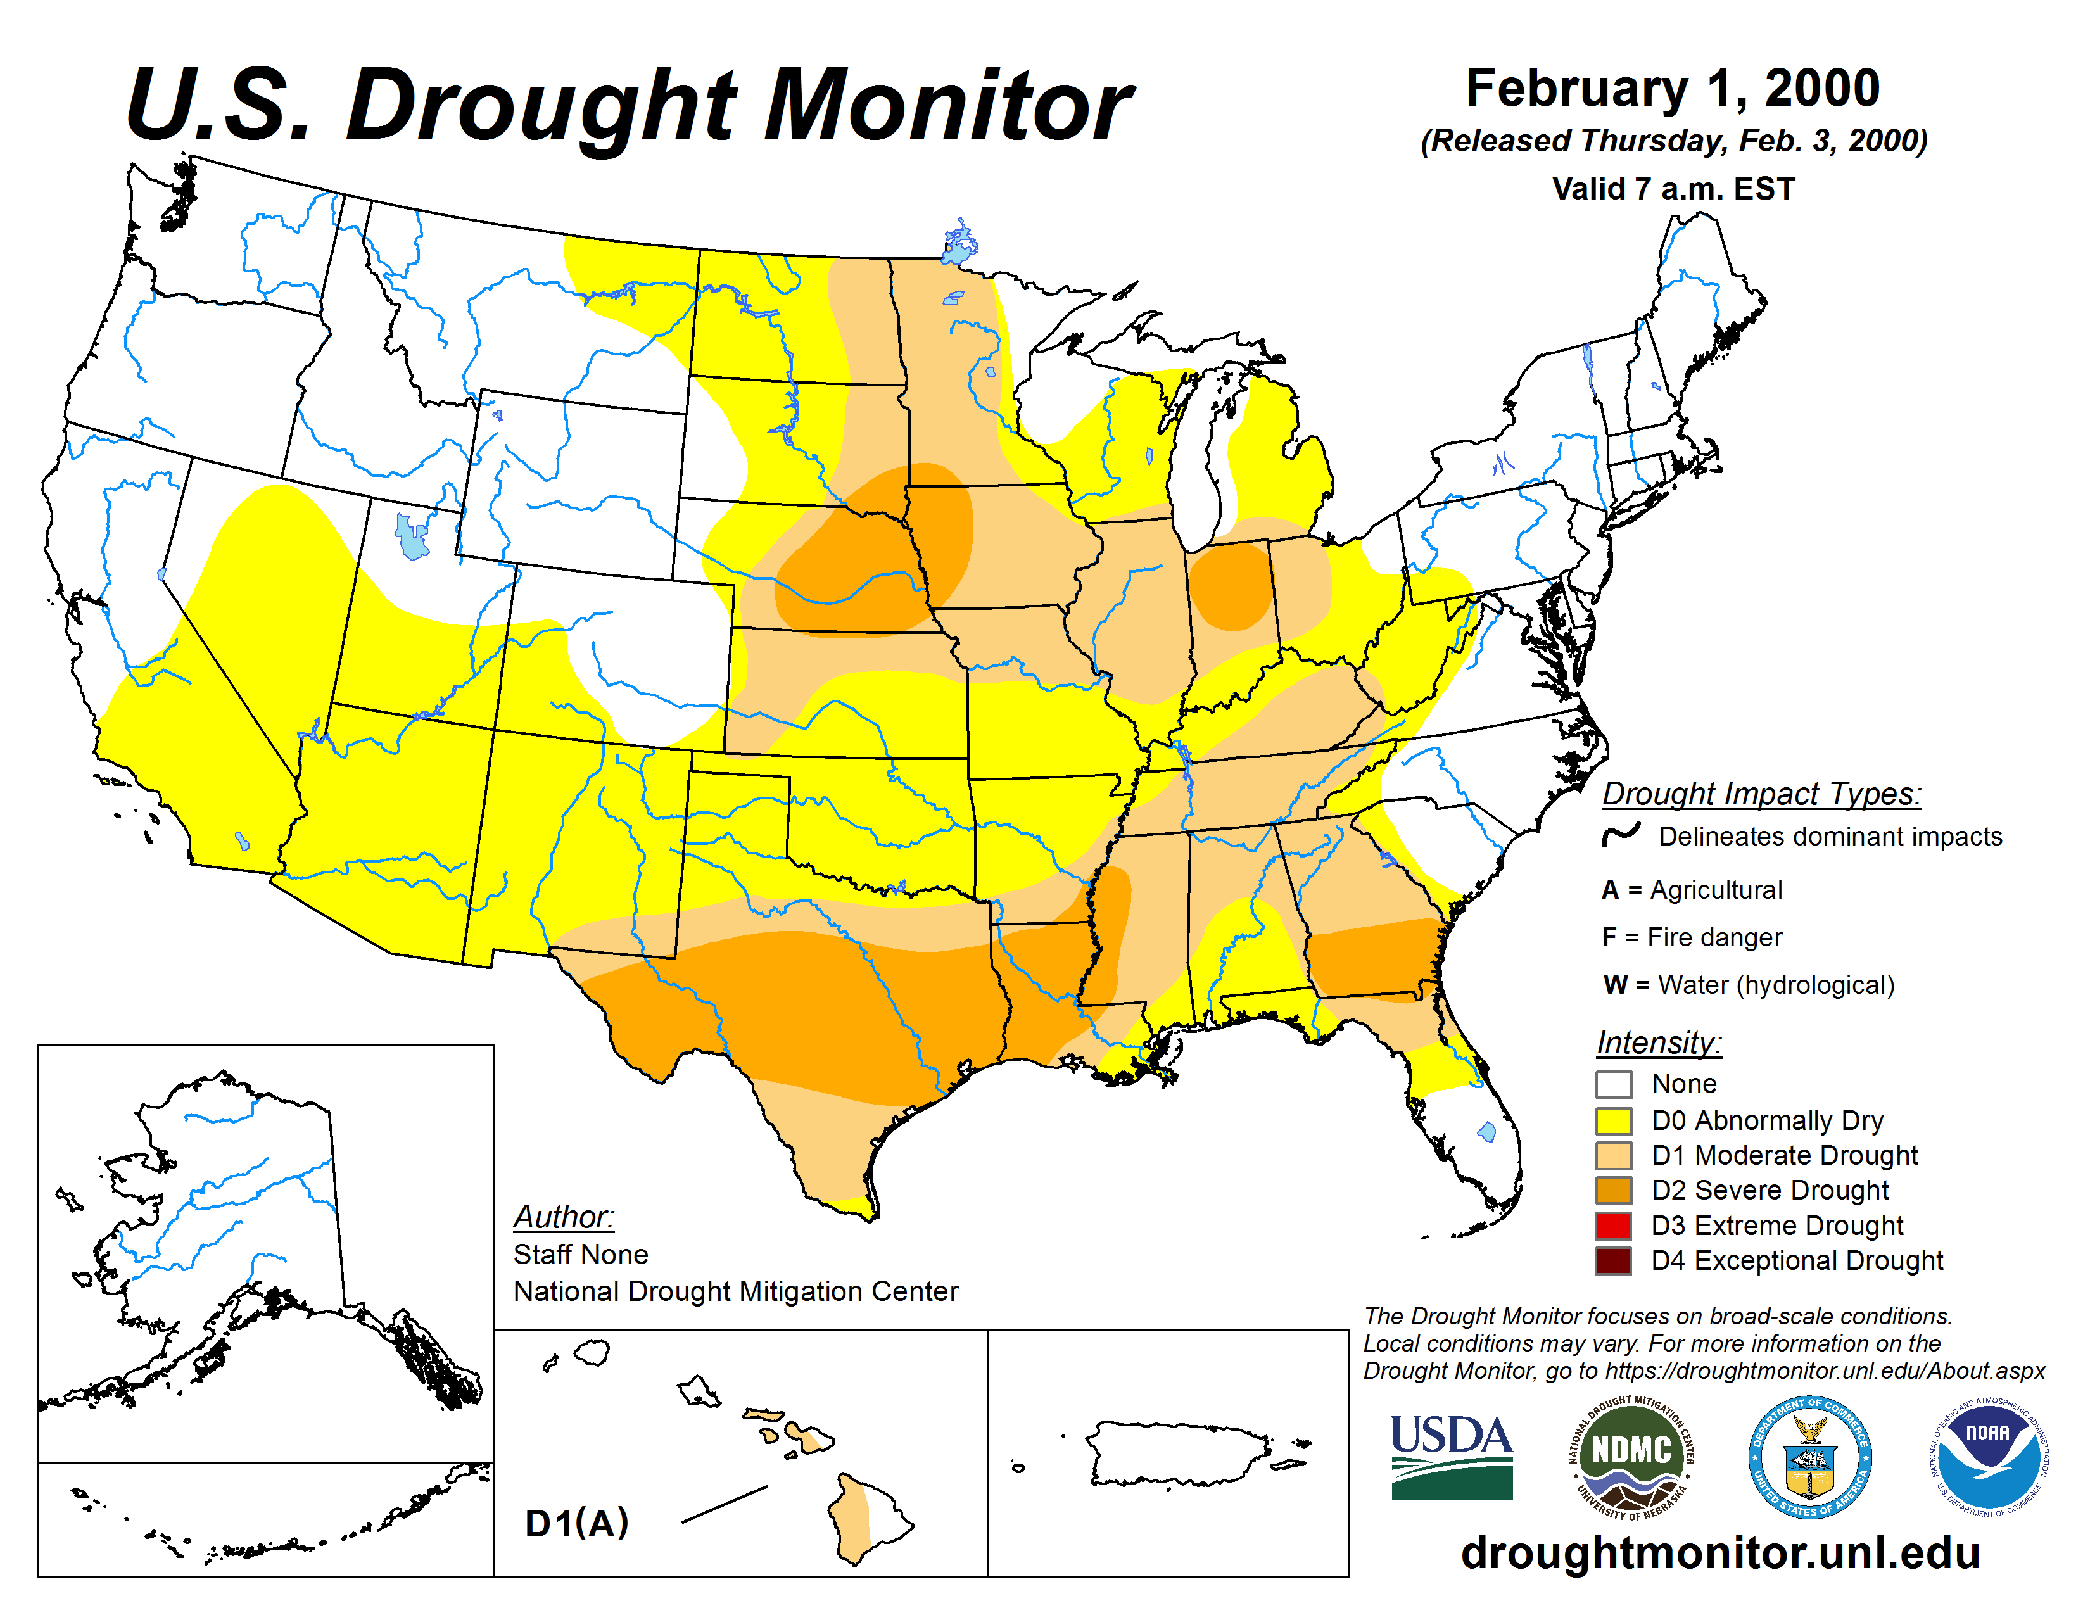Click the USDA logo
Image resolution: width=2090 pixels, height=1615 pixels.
[1451, 1456]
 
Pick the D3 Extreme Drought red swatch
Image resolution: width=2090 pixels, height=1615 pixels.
[1614, 1225]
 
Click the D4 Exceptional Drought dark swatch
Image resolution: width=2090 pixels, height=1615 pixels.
[1614, 1261]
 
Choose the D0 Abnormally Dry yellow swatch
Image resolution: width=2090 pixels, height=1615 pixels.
[1614, 1120]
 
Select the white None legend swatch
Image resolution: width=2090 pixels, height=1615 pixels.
[1614, 1084]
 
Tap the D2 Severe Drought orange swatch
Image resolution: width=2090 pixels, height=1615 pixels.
[1614, 1190]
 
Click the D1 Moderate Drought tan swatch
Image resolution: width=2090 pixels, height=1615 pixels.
[1614, 1156]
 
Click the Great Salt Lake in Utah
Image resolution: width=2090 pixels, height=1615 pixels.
[412, 536]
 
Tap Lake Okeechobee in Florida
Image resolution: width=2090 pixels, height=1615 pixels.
[1486, 1132]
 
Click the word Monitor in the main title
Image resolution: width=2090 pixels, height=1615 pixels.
[947, 105]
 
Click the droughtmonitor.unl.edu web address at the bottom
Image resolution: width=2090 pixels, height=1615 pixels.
[1719, 1552]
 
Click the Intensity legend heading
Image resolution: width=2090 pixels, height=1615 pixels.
[1659, 1042]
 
